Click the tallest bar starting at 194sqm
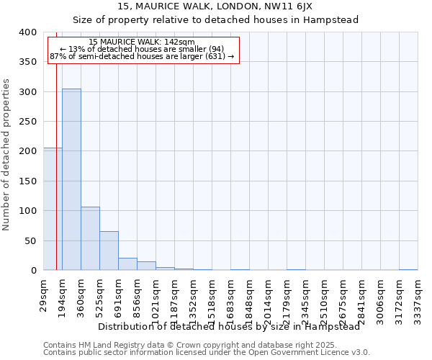[71, 179]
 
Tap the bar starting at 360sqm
[90, 238]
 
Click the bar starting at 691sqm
[127, 264]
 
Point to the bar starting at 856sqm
[146, 266]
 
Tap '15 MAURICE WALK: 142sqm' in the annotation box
[142, 42]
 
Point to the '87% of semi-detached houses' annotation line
[142, 56]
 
